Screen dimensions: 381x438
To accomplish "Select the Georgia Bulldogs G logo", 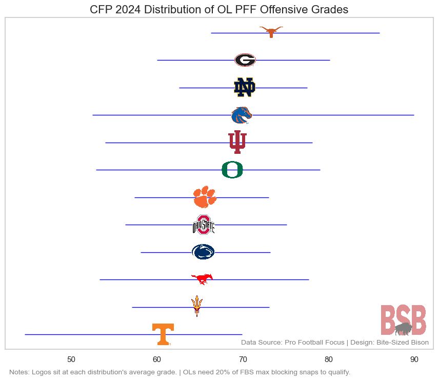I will coord(245,60).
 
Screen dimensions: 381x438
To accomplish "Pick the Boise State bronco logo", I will coord(242,115).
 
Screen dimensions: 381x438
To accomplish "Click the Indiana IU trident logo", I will coord(237,142).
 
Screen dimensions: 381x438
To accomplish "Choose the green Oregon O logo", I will coord(232,170).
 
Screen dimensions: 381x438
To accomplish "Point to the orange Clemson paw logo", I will coord(205,197).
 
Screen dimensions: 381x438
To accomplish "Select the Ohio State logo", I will coord(203,225).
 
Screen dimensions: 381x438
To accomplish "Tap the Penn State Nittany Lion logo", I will coord(203,252).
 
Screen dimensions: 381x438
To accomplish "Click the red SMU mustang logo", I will coord(202,279).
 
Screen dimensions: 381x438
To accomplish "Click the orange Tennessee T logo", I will coord(163,334).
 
